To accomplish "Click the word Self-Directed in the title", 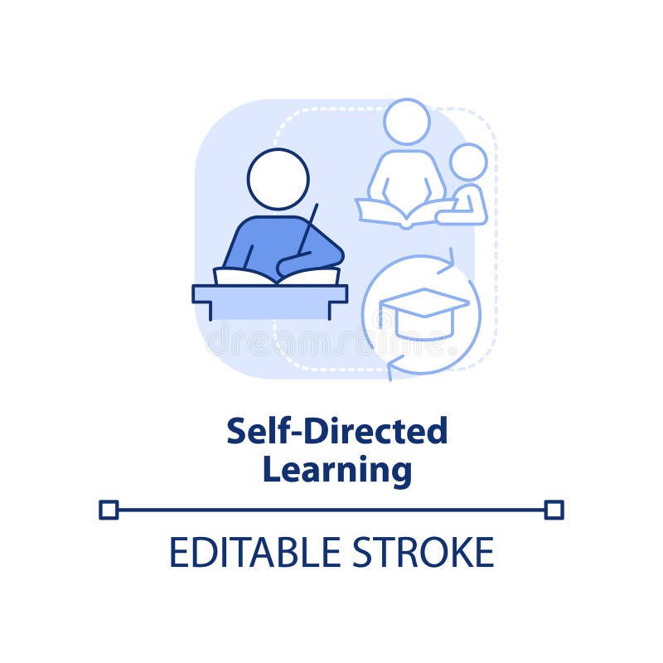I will [x=336, y=431].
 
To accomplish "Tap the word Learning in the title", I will [x=336, y=470].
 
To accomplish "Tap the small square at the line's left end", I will [x=109, y=510].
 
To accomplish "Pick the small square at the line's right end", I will [x=554, y=510].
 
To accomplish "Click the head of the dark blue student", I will [x=278, y=179].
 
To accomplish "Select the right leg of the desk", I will [x=332, y=311].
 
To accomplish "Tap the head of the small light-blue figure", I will [x=468, y=162].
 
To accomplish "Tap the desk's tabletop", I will [x=270, y=293].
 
